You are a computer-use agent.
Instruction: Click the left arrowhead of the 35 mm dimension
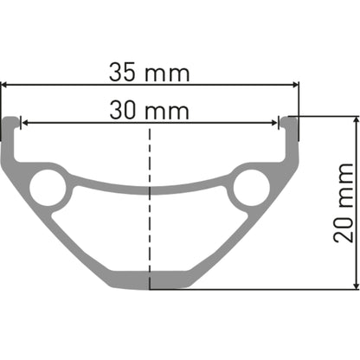click(5, 85)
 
